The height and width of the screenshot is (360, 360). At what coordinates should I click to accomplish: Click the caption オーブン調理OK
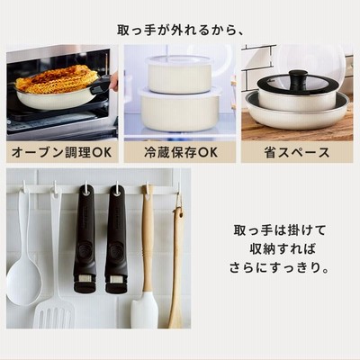pyautogui.click(x=61, y=152)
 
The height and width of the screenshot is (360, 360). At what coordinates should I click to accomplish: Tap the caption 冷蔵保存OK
pyautogui.click(x=181, y=152)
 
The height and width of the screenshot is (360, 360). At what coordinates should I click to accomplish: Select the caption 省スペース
pyautogui.click(x=297, y=152)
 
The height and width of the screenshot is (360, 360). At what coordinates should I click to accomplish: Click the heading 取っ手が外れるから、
pyautogui.click(x=181, y=30)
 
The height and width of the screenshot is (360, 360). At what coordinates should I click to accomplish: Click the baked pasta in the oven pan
pyautogui.click(x=57, y=79)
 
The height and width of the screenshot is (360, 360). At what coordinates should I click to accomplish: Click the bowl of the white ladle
pyautogui.click(x=24, y=283)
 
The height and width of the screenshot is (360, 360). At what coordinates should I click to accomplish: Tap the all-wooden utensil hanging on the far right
pyautogui.click(x=177, y=264)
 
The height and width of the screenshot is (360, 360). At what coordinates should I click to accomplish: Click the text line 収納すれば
pyautogui.click(x=283, y=249)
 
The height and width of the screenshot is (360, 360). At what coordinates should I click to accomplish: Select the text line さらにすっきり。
pyautogui.click(x=279, y=267)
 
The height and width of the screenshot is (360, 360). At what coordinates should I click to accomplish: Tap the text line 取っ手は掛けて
pyautogui.click(x=280, y=230)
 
